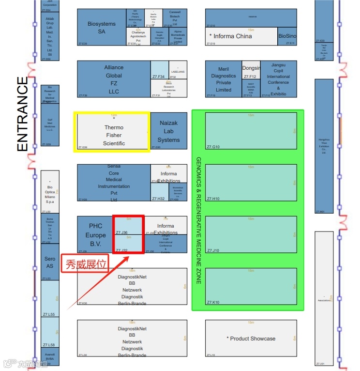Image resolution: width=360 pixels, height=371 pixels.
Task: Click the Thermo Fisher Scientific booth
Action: click(x=114, y=132)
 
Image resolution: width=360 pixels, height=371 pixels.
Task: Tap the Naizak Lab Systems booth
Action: click(x=169, y=131)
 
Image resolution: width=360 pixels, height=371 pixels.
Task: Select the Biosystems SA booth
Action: click(x=102, y=27)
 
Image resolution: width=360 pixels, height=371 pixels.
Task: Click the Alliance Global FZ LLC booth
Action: click(x=114, y=79)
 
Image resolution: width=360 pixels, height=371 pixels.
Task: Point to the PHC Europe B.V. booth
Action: click(x=95, y=234)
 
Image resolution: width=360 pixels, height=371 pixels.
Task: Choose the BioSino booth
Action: click(x=287, y=36)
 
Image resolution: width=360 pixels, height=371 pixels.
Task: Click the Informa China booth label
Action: click(x=230, y=36)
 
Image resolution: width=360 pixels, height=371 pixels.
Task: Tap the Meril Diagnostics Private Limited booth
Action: click(x=223, y=79)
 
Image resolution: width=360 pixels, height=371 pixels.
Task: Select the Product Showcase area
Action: click(x=251, y=339)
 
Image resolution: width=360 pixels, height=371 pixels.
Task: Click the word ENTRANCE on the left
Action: click(x=23, y=114)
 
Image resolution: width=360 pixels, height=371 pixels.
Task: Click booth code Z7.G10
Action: click(x=213, y=147)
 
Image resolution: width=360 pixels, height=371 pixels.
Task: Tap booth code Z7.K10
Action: click(x=213, y=302)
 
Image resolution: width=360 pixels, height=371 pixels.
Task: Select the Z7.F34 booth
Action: click(x=159, y=77)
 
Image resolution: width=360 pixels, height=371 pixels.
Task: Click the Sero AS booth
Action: click(x=50, y=263)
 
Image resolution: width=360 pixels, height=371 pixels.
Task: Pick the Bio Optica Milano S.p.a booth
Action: click(x=50, y=192)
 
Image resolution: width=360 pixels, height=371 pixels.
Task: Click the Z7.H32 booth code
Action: click(x=159, y=199)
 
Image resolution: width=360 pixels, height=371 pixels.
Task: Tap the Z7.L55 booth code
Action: click(x=48, y=315)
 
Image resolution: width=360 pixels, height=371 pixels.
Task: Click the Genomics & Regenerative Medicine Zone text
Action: click(x=198, y=220)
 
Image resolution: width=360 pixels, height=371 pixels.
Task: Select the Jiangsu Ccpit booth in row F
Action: click(x=278, y=79)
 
